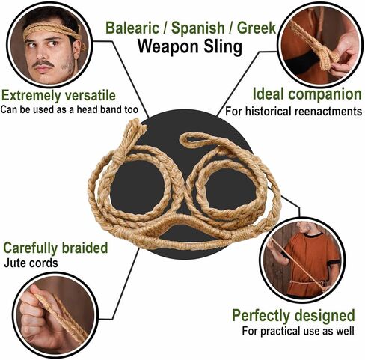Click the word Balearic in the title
(x=132, y=28)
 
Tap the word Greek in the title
(x=257, y=28)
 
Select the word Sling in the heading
(x=223, y=46)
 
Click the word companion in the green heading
(x=325, y=94)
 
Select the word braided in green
(x=85, y=248)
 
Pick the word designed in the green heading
(x=325, y=315)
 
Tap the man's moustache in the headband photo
(x=43, y=64)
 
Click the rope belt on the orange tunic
(x=304, y=284)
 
